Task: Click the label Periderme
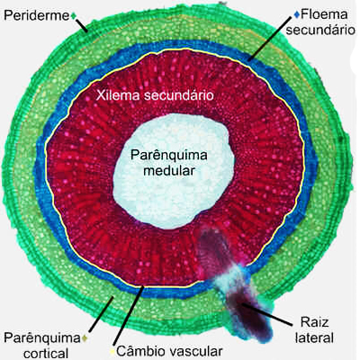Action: click(x=37, y=15)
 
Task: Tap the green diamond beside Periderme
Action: click(x=74, y=15)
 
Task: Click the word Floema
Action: click(x=324, y=14)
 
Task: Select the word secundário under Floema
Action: click(x=320, y=30)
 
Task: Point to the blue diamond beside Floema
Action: click(x=297, y=13)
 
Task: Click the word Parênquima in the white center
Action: click(x=169, y=156)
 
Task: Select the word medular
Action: click(x=169, y=171)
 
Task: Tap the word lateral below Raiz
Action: click(x=314, y=337)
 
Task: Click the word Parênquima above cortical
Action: click(x=42, y=338)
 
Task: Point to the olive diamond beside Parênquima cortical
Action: click(x=85, y=337)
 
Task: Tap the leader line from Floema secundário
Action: click(x=269, y=39)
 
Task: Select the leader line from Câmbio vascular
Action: click(x=128, y=316)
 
